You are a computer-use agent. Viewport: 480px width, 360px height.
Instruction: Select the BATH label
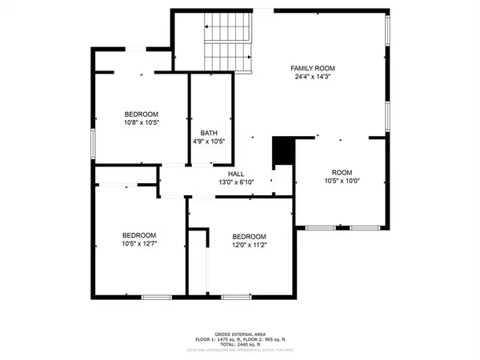click(x=209, y=133)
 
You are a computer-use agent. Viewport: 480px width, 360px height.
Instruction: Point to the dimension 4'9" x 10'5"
click(x=209, y=142)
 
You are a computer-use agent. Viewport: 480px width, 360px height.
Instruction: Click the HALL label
click(x=236, y=174)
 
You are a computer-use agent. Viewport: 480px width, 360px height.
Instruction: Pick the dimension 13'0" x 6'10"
click(x=236, y=183)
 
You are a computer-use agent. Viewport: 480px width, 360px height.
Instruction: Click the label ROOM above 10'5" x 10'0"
click(x=342, y=172)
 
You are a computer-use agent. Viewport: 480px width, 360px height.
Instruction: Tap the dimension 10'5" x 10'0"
click(x=342, y=181)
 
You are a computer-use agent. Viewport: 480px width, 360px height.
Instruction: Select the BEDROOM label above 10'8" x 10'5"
click(x=141, y=114)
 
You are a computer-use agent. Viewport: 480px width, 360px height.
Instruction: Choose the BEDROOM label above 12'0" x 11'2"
click(x=249, y=236)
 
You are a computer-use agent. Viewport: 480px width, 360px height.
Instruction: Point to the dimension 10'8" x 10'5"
click(x=141, y=123)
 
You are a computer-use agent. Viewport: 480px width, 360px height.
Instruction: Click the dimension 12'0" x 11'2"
click(x=249, y=246)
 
